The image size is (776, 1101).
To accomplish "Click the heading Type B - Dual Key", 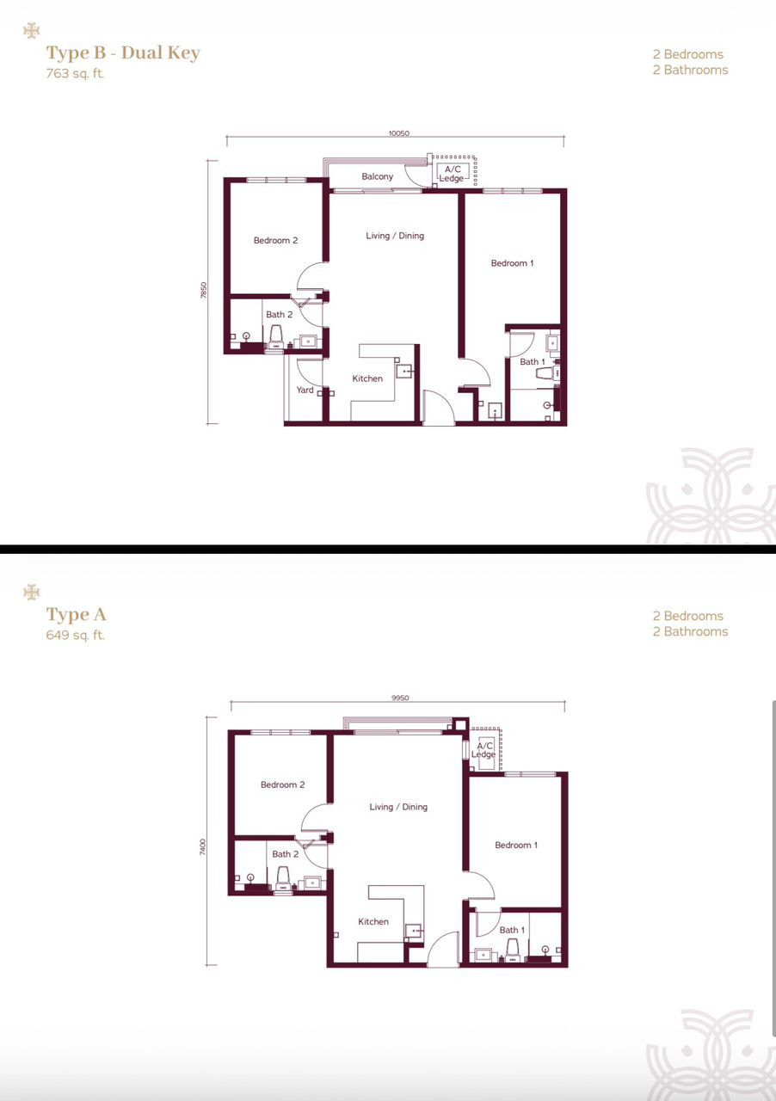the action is pyautogui.click(x=123, y=52).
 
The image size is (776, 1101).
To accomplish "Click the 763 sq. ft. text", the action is pyautogui.click(x=75, y=74).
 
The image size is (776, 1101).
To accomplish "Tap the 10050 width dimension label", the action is pyautogui.click(x=399, y=133).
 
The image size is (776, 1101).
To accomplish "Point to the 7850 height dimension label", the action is pyautogui.click(x=204, y=290).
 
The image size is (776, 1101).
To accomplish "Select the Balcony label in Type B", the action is pyautogui.click(x=377, y=176).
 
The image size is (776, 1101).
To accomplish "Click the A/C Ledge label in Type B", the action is pyautogui.click(x=452, y=174).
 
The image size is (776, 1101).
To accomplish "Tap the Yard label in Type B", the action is pyautogui.click(x=305, y=390).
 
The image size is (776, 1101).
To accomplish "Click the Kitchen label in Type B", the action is pyautogui.click(x=367, y=378).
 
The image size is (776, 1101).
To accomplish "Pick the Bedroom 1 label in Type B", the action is pyautogui.click(x=512, y=263).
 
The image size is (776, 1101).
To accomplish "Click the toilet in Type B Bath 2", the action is pyautogui.click(x=276, y=338).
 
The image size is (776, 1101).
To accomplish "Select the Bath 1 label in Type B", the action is pyautogui.click(x=532, y=362).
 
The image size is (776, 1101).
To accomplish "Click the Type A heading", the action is pyautogui.click(x=77, y=614).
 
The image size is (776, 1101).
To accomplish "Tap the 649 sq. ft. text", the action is pyautogui.click(x=75, y=635).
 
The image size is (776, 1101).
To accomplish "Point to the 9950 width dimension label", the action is pyautogui.click(x=400, y=698).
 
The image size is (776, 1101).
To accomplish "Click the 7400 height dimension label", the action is pyautogui.click(x=203, y=847).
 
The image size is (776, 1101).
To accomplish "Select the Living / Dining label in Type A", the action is pyautogui.click(x=398, y=807).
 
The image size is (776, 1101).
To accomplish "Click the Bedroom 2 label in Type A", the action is pyautogui.click(x=283, y=785).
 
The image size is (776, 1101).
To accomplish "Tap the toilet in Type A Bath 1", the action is pyautogui.click(x=513, y=950).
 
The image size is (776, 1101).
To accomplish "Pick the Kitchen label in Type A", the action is pyautogui.click(x=373, y=921).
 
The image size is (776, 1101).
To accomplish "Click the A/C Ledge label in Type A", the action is pyautogui.click(x=483, y=750).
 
